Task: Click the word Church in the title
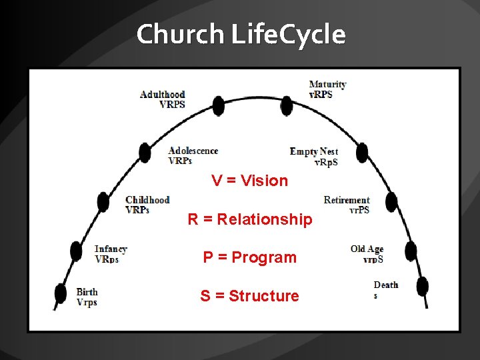[181, 34]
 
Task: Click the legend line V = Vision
[250, 181]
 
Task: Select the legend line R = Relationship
[250, 219]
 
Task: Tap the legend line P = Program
[250, 257]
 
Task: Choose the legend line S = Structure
[250, 296]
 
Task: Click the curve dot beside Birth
[61, 293]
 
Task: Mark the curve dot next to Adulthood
[218, 105]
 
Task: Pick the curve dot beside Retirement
[391, 202]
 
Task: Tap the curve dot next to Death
[421, 285]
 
